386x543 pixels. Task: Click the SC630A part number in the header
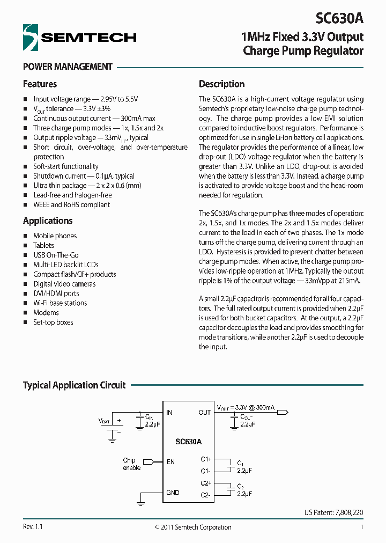(x=339, y=18)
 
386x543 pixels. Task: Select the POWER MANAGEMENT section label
(x=68, y=67)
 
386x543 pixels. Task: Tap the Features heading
(x=40, y=84)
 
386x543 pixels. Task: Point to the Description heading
(x=221, y=84)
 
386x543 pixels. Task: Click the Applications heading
(x=48, y=221)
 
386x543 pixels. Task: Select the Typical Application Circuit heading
(x=74, y=385)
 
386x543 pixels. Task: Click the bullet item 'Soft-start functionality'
(x=65, y=166)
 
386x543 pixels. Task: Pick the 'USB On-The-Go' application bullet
(x=56, y=255)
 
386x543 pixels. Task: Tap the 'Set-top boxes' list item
(x=53, y=322)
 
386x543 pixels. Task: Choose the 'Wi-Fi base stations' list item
(x=60, y=303)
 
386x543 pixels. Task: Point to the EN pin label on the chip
(x=170, y=461)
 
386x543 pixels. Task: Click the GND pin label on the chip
(x=173, y=493)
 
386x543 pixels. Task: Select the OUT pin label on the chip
(x=204, y=413)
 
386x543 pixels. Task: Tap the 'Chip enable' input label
(x=131, y=464)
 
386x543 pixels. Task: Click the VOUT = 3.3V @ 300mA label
(x=246, y=407)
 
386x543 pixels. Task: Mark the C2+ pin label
(x=206, y=483)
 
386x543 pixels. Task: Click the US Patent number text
(x=333, y=513)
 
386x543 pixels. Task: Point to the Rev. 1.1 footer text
(x=33, y=527)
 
